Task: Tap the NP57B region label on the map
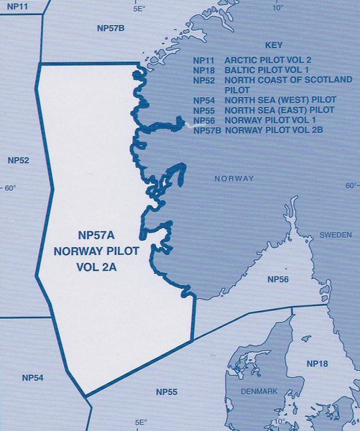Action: [x=111, y=28]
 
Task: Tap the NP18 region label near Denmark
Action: [x=317, y=365]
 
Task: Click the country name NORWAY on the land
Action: [x=235, y=177]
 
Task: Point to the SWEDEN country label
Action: [x=336, y=235]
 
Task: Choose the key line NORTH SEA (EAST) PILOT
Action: [x=280, y=110]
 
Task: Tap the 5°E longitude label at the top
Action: [x=139, y=9]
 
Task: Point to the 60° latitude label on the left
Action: [x=10, y=188]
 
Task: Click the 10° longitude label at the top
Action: [x=278, y=9]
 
